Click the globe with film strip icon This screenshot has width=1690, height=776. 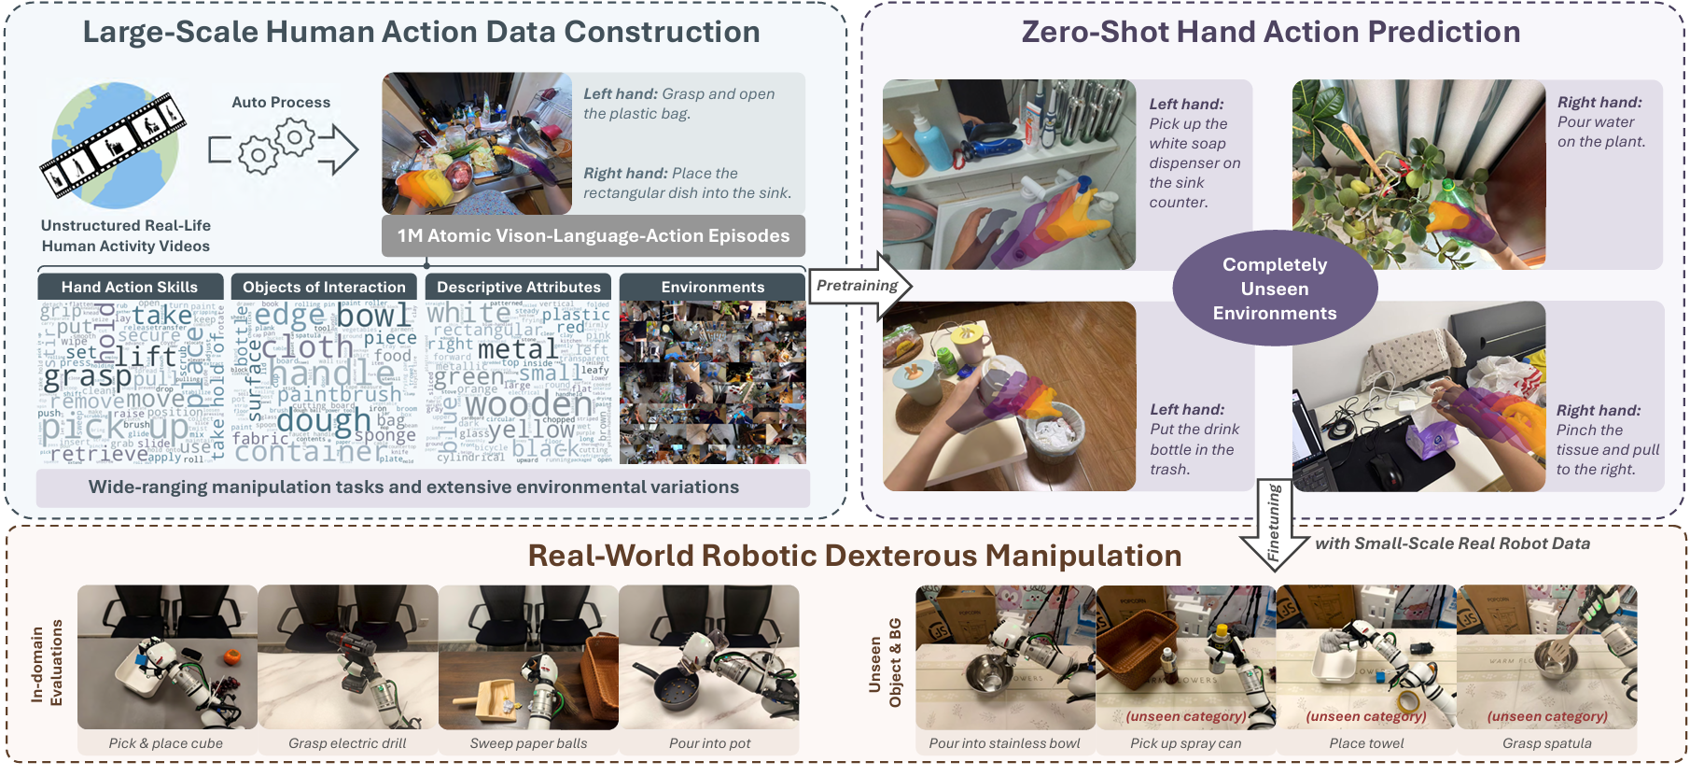(113, 145)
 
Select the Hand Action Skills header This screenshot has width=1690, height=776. (130, 287)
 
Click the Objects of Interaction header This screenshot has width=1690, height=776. (324, 287)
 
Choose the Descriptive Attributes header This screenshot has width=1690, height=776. (518, 287)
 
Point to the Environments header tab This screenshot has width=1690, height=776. (712, 287)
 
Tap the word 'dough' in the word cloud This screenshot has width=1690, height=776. (323, 421)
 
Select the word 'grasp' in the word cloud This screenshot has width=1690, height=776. (88, 376)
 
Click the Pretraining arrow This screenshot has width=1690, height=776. (859, 286)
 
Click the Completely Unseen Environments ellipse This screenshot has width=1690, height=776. (1275, 289)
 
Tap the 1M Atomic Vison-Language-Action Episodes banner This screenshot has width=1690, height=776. (594, 236)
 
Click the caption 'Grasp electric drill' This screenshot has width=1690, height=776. (347, 743)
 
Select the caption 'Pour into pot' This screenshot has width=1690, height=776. (709, 743)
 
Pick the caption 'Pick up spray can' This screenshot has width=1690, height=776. (1185, 743)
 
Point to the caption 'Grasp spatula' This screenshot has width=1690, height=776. (1546, 743)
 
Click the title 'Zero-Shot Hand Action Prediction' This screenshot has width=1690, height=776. (1270, 32)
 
